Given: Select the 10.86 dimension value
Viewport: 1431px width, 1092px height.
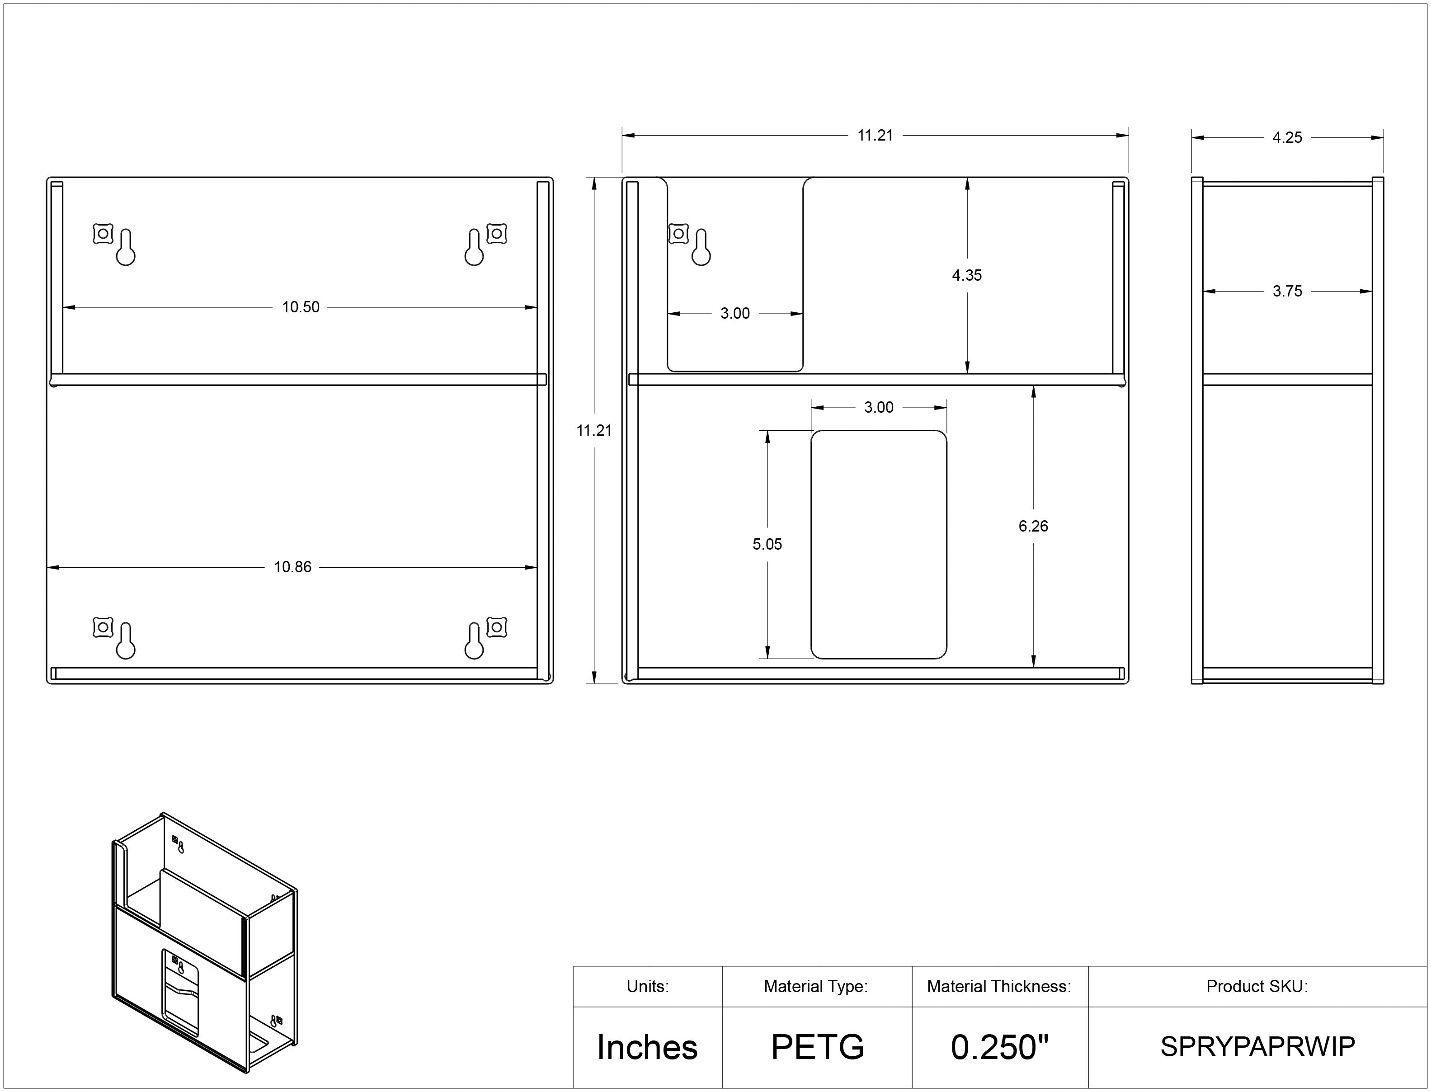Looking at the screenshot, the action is pyautogui.click(x=292, y=567).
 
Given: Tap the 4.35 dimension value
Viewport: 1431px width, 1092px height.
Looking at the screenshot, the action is pyautogui.click(x=967, y=275).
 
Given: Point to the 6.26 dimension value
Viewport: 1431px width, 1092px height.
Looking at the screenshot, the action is pyautogui.click(x=1033, y=526).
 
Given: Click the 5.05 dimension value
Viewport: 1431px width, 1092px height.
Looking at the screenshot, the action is pyautogui.click(x=767, y=544).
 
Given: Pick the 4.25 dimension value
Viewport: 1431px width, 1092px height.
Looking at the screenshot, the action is pyautogui.click(x=1287, y=137).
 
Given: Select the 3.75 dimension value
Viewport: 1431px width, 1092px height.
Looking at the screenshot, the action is pyautogui.click(x=1287, y=291).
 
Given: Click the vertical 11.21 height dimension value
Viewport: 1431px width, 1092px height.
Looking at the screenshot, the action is pyautogui.click(x=594, y=430).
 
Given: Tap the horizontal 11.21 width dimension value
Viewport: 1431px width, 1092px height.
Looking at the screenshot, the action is pyautogui.click(x=876, y=135).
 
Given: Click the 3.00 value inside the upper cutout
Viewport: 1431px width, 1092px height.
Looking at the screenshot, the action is pyautogui.click(x=735, y=313).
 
